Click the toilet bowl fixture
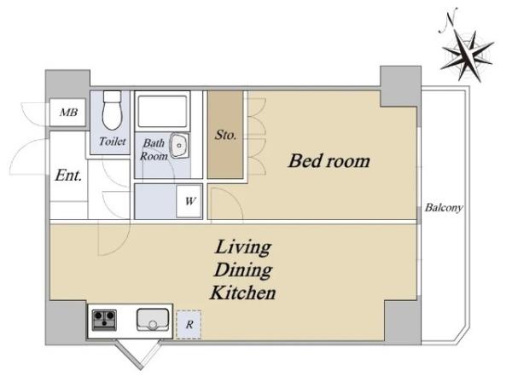click(112, 110)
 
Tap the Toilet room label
click(113, 142)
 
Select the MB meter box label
click(68, 113)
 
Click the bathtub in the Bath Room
click(162, 111)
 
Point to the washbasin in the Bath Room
click(179, 145)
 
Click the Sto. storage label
click(225, 135)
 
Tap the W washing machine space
click(189, 201)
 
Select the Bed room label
click(329, 161)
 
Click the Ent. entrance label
click(68, 176)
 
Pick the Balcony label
click(444, 207)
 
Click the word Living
click(243, 247)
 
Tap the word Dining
click(243, 270)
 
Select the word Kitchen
click(243, 292)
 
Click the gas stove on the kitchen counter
click(104, 320)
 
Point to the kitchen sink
click(153, 320)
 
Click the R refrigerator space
click(189, 325)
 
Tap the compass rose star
click(467, 55)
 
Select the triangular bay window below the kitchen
click(141, 355)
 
